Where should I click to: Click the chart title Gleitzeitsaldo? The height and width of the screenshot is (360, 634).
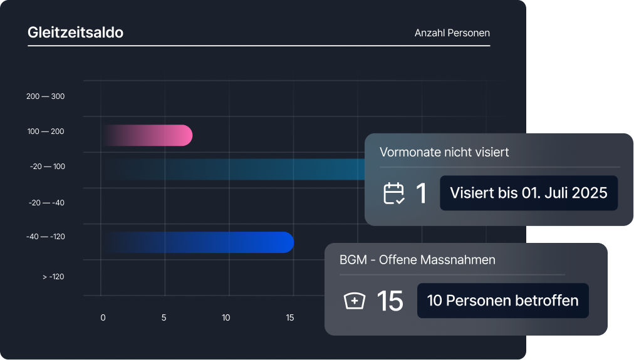(x=75, y=33)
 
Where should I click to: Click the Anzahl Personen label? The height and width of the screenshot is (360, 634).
(x=452, y=33)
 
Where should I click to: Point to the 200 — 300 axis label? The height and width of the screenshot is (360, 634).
(x=45, y=96)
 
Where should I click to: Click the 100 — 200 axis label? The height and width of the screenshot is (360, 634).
(x=45, y=131)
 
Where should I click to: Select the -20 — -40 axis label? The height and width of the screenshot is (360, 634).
(x=46, y=203)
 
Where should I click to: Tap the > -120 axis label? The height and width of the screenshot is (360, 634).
(x=53, y=277)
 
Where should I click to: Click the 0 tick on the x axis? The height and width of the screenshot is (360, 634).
(x=103, y=317)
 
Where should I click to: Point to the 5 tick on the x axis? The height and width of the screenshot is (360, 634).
(x=164, y=317)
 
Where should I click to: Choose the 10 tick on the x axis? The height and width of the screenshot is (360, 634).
(x=226, y=317)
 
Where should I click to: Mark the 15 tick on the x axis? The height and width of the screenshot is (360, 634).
(x=289, y=317)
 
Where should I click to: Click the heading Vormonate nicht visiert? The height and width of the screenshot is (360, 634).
(x=444, y=152)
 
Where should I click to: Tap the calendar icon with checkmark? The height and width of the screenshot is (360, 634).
(x=394, y=193)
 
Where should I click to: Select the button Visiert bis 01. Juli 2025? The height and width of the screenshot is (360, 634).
(x=528, y=193)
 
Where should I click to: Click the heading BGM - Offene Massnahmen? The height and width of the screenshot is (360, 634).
(x=417, y=259)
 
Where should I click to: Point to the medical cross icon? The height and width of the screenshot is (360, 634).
(x=355, y=301)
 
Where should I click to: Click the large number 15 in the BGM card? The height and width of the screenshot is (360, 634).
(x=390, y=301)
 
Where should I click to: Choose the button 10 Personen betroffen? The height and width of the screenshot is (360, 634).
(x=502, y=301)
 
